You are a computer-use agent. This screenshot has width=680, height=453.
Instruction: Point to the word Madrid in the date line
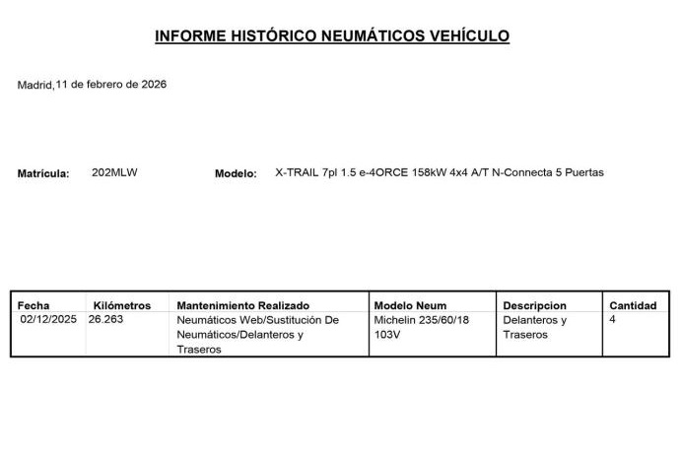tap(34, 86)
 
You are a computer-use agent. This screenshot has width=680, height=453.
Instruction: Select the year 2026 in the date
tap(154, 85)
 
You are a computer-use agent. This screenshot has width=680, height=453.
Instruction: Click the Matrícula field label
tap(43, 174)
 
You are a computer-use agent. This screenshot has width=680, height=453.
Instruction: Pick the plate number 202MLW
tap(114, 172)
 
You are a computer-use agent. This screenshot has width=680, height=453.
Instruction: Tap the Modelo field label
tap(236, 174)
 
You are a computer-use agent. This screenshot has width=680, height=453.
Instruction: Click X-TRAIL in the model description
tap(297, 172)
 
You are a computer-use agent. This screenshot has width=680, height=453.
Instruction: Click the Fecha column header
tap(34, 306)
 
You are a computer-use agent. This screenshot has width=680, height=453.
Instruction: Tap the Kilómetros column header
tap(121, 306)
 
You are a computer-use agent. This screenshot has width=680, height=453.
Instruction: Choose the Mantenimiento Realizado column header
tap(242, 306)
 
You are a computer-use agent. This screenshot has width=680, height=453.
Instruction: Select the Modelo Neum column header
tap(410, 306)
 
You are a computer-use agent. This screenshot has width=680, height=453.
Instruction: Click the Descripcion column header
tap(534, 306)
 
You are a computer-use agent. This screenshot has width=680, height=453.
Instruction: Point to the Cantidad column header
tap(633, 306)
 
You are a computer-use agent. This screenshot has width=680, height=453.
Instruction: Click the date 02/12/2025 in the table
tap(48, 320)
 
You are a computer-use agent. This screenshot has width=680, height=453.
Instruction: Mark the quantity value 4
tap(613, 320)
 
